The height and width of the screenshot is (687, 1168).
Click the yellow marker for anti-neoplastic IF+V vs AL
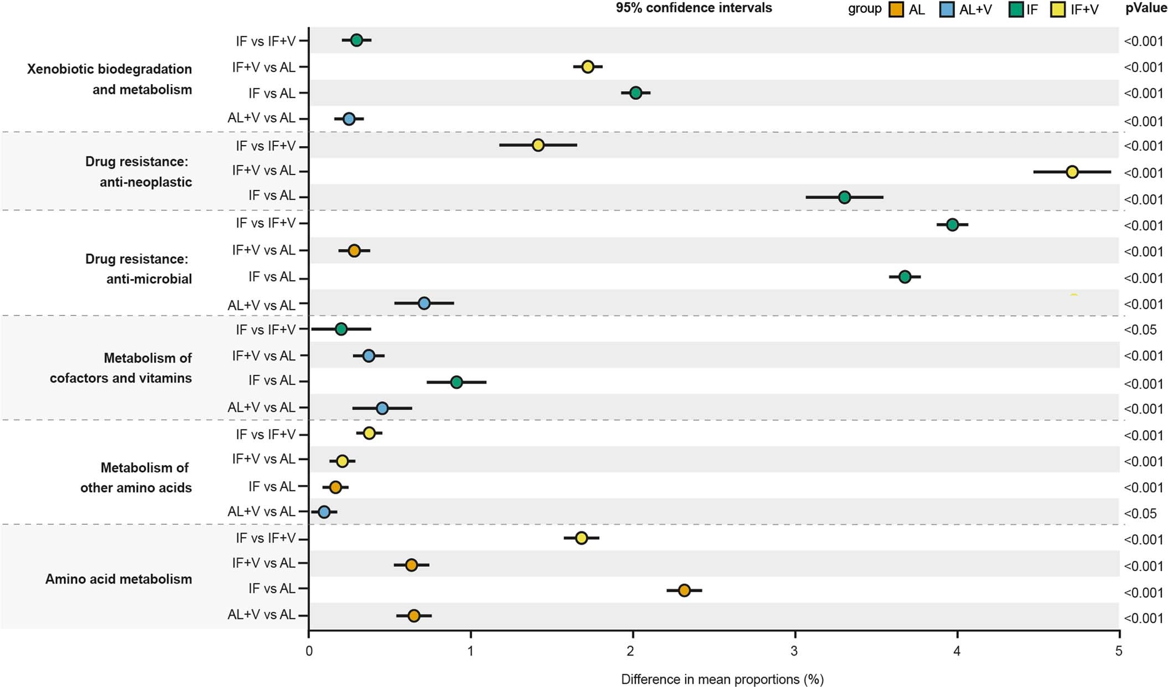1072,172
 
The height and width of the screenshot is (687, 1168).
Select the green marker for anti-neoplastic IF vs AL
844,197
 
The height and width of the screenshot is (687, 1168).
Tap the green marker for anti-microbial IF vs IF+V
952,225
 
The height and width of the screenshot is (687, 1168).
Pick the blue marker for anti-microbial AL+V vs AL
424,303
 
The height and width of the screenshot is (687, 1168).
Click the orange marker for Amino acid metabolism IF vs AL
684,591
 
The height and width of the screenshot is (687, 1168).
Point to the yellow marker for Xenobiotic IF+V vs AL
588,67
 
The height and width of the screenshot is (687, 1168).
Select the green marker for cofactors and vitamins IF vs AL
457,382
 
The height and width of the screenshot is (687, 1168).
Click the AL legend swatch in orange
896,9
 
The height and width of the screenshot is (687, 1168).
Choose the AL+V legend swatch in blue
947,9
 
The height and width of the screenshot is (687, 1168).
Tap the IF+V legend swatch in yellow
1057,9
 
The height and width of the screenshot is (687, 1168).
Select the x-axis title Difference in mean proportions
722,679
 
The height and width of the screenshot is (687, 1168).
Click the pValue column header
1146,8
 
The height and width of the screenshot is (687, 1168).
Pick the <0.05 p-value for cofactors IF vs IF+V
1140,330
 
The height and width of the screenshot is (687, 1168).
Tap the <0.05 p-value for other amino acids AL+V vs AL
1140,514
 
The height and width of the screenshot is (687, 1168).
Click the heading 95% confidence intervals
694,8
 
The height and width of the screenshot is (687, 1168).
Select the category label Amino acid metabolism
118,579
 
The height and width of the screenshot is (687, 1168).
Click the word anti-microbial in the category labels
149,279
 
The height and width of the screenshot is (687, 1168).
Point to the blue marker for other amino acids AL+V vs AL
324,512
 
